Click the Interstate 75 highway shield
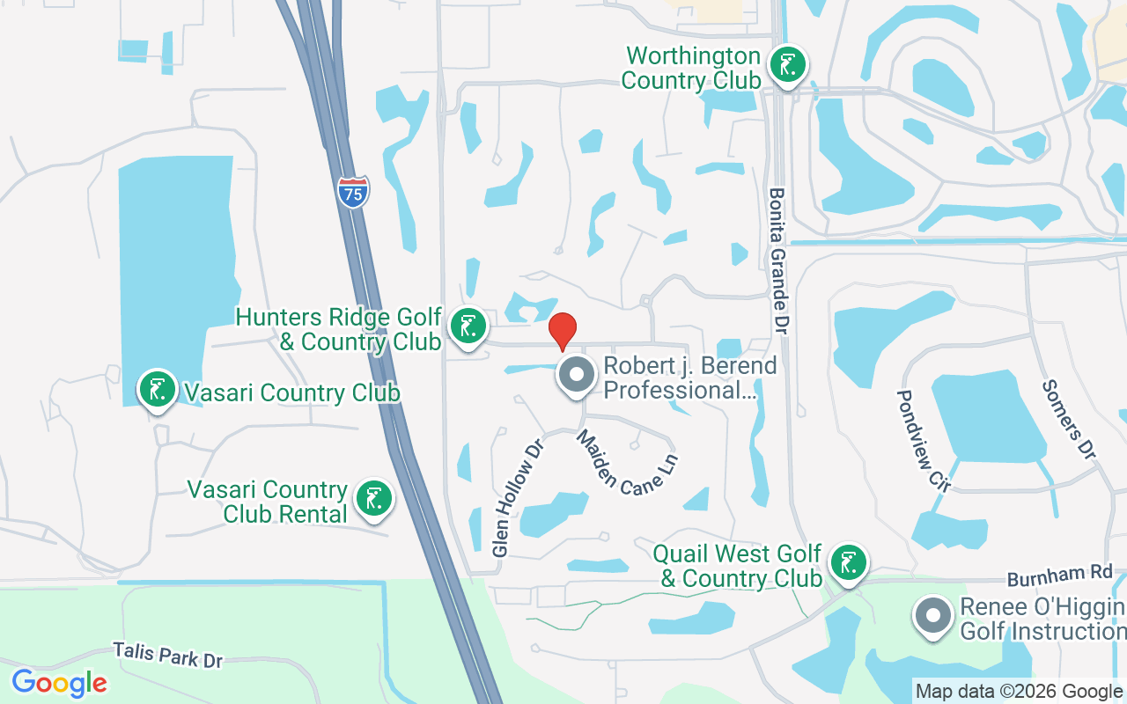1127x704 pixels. click(x=352, y=192)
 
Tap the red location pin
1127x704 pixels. click(x=562, y=332)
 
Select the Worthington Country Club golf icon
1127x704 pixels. click(x=787, y=66)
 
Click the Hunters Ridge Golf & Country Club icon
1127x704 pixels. click(x=468, y=326)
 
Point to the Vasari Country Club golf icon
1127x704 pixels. click(x=158, y=390)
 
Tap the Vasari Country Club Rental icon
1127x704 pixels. click(x=374, y=499)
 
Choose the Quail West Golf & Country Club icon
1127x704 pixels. click(x=848, y=562)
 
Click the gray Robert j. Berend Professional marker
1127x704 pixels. click(x=577, y=377)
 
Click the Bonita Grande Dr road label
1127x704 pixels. click(x=778, y=260)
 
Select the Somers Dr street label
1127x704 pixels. click(x=1068, y=420)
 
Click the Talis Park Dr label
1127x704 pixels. click(x=167, y=655)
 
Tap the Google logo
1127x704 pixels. click(x=59, y=683)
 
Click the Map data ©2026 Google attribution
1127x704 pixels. click(x=1019, y=692)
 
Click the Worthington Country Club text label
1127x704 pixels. click(x=691, y=68)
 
